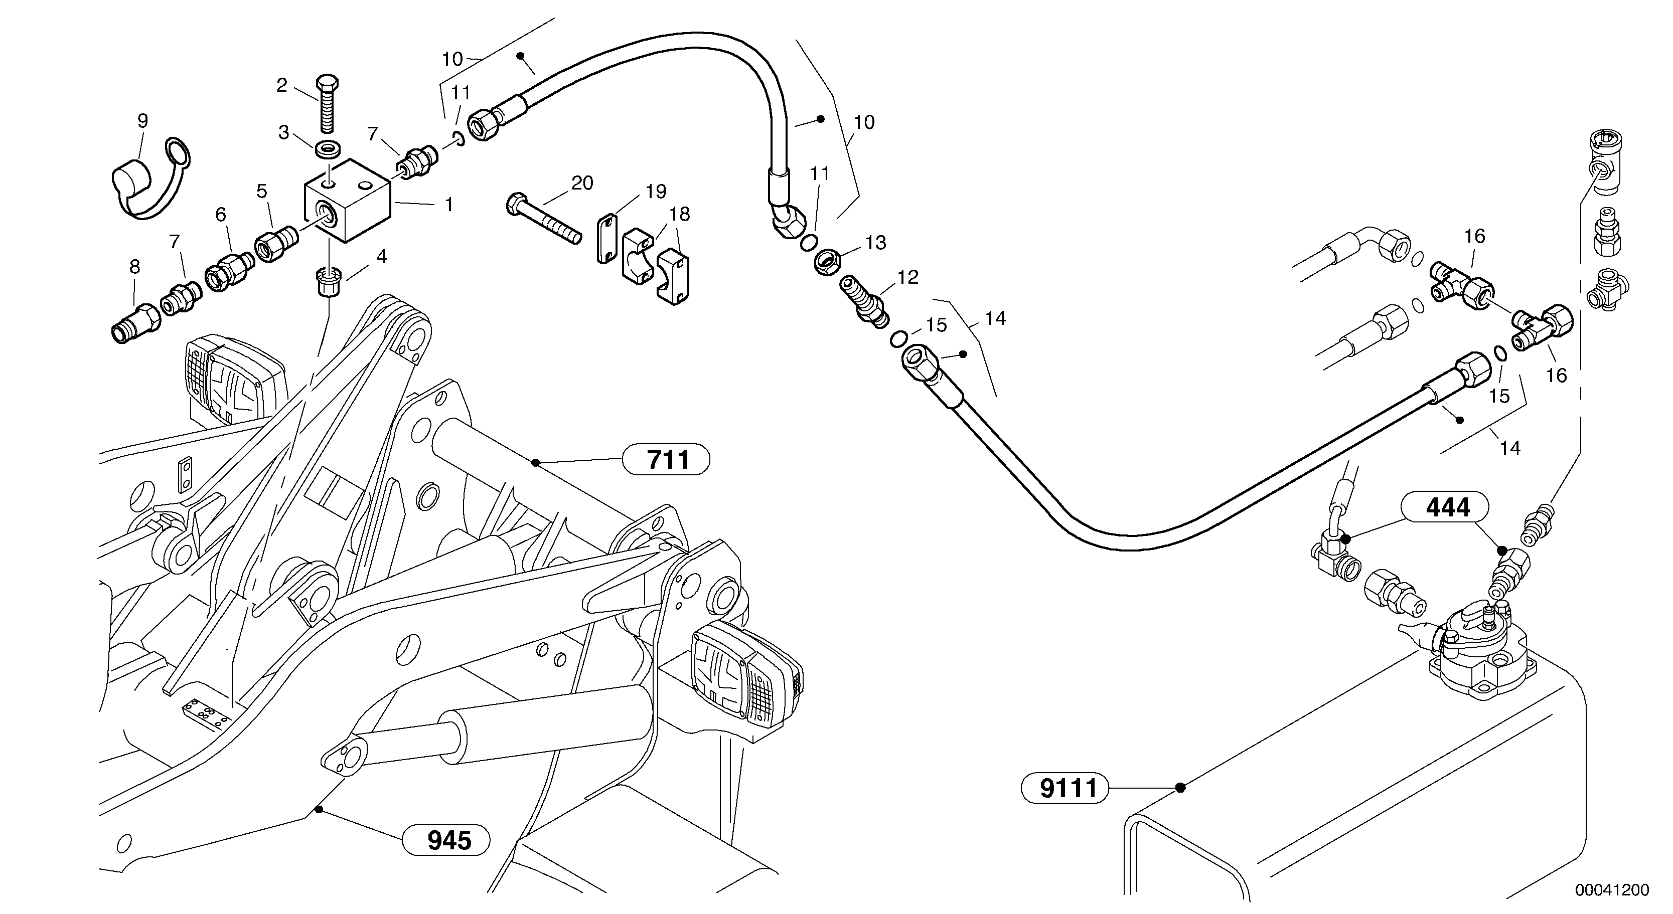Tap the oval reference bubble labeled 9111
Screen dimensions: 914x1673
click(x=1064, y=788)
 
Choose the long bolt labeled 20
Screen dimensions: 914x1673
click(x=543, y=218)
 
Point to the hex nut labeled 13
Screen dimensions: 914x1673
click(x=829, y=262)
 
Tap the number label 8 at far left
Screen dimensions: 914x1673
click(x=134, y=266)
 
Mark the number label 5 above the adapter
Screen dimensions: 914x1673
click(x=262, y=191)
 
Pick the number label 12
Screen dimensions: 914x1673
click(x=908, y=277)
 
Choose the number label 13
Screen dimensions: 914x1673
click(x=875, y=242)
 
